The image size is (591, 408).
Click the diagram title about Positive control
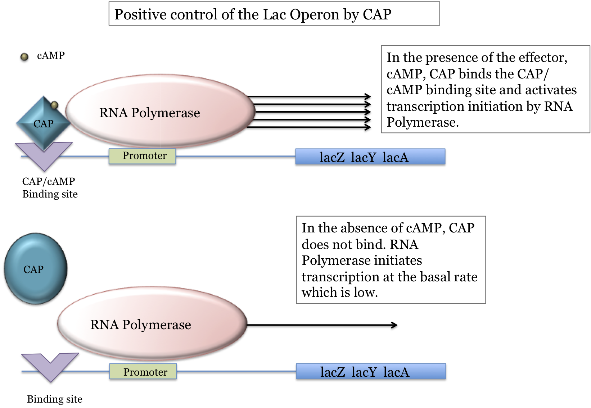point(253,14)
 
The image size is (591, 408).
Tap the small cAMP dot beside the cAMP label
point(24,57)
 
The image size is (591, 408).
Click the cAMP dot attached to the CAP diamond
point(54,105)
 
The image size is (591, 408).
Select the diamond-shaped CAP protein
point(44,123)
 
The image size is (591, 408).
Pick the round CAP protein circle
point(35,268)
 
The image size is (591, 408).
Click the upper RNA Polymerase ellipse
point(160,111)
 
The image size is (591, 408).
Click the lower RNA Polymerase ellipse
point(152,323)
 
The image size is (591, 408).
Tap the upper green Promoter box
point(143,157)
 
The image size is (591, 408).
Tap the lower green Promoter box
point(143,371)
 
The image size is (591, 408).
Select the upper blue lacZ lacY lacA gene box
point(370,157)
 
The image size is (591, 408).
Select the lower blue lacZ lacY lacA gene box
point(371,371)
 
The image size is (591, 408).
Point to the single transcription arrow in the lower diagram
point(322,325)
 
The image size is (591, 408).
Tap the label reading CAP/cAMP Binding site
point(50,187)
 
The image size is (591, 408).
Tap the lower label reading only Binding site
point(55,399)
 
